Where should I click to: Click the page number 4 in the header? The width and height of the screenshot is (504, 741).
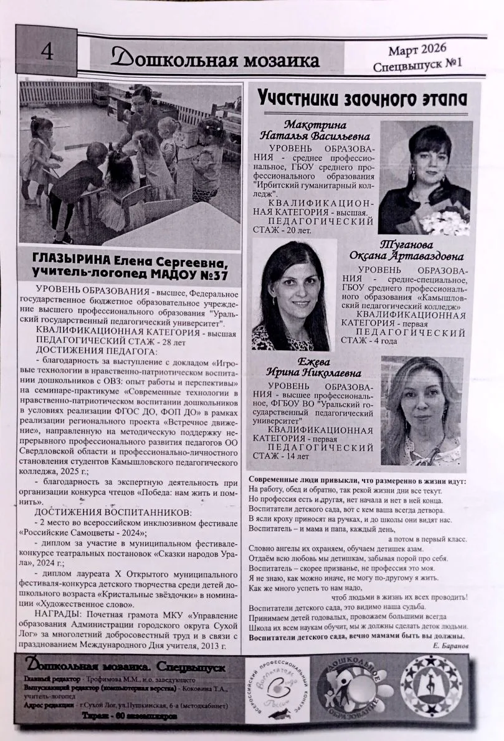click(x=47, y=52)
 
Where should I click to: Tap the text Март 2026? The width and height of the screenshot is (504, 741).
click(x=416, y=48)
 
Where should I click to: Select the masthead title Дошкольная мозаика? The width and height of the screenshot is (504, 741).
click(x=214, y=59)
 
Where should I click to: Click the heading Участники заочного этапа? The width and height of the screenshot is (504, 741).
click(x=363, y=98)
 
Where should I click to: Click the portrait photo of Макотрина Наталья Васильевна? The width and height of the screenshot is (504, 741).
click(x=424, y=177)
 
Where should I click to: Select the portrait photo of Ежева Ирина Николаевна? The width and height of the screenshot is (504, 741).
click(x=421, y=411)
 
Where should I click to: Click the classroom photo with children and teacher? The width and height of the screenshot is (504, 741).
click(x=130, y=165)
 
